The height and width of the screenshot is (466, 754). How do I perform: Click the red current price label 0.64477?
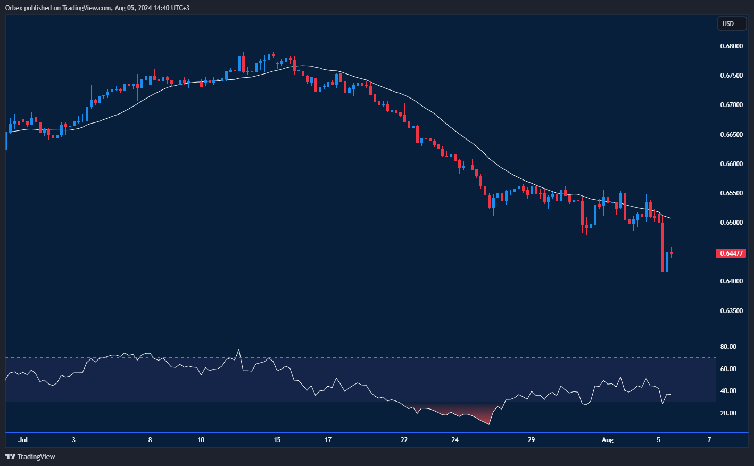pos(731,254)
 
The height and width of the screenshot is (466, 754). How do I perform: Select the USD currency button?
pos(728,23)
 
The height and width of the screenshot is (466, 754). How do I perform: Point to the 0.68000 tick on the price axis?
pos(731,46)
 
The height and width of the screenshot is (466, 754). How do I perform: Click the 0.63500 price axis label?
pos(731,310)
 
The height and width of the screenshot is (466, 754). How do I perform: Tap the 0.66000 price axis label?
pos(731,164)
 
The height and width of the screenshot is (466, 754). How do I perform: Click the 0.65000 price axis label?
pos(731,223)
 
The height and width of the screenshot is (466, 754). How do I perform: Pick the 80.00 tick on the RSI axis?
pos(728,347)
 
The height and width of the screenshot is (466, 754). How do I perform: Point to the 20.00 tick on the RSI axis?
pos(728,413)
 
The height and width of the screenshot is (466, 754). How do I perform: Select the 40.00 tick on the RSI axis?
pos(728,391)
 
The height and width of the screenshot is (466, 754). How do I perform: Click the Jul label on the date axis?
pos(23,440)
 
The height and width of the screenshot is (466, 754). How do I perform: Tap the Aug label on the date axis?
pos(607,440)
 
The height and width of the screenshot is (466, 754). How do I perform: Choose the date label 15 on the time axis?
pos(277,440)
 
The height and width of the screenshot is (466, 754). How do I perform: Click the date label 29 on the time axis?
pos(531,440)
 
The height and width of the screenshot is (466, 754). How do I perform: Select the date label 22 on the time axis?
pos(404,440)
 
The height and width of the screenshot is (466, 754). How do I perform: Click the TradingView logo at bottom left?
pos(30,456)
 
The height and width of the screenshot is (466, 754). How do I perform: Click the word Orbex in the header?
pos(14,8)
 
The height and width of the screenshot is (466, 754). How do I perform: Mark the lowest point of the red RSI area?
pos(488,424)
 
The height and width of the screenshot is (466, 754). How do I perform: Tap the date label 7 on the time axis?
pos(709,440)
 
